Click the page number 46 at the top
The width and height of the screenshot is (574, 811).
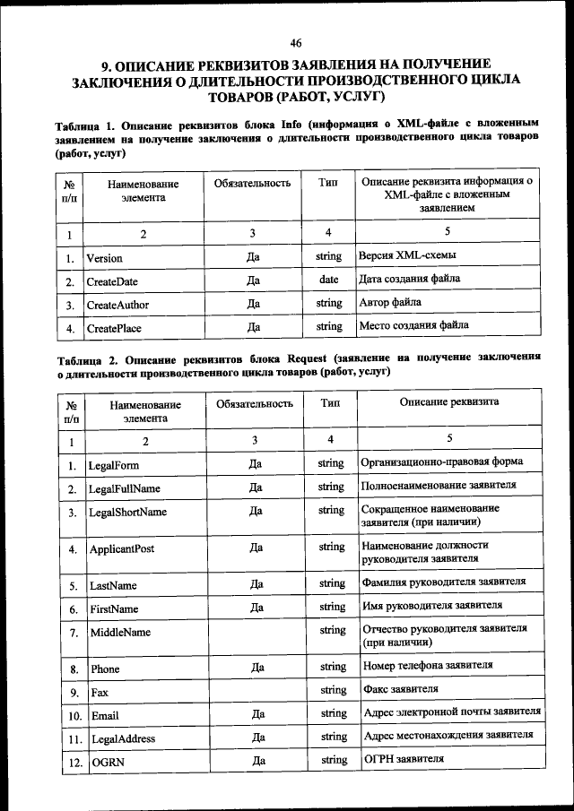point(296,42)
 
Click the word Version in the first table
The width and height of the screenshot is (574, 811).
point(104,257)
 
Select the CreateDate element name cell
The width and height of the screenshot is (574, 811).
point(112,281)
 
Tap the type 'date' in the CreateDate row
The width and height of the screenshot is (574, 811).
point(328,280)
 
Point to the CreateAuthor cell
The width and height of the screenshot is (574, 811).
point(117,305)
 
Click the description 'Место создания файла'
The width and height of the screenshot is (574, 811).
point(413,325)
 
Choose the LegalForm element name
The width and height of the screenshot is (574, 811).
point(113,465)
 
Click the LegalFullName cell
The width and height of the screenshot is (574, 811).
point(124,488)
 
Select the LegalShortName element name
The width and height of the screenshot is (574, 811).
point(127,513)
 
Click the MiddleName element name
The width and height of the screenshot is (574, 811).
point(118,633)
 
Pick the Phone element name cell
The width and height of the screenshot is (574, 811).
point(105,669)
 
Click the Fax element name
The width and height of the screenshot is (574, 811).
point(100,693)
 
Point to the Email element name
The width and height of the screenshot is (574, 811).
point(105,716)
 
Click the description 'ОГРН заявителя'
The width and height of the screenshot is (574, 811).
point(404,760)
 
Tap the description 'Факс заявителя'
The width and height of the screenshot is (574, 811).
point(400,689)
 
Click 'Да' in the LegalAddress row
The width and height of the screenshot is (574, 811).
point(257,738)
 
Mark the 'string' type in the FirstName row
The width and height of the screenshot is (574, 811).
point(332,607)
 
